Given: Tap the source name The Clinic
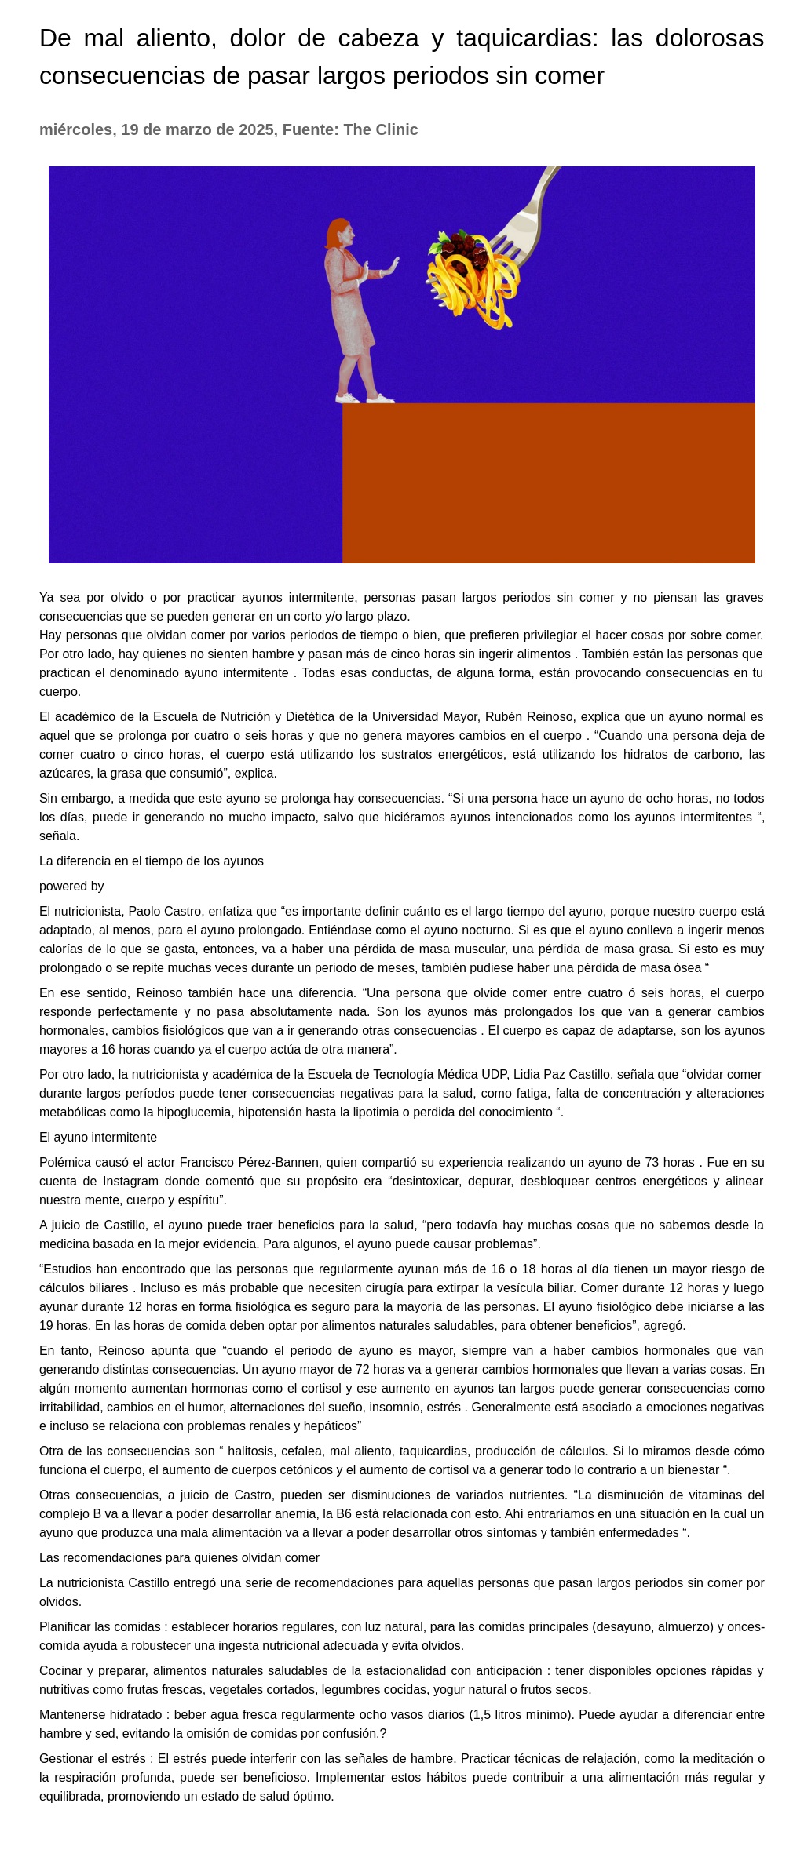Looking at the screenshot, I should tap(380, 129).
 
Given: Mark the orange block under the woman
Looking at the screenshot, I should tap(548, 483).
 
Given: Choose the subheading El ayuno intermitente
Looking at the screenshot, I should tap(98, 1137).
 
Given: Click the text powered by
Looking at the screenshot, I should tap(71, 886).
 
